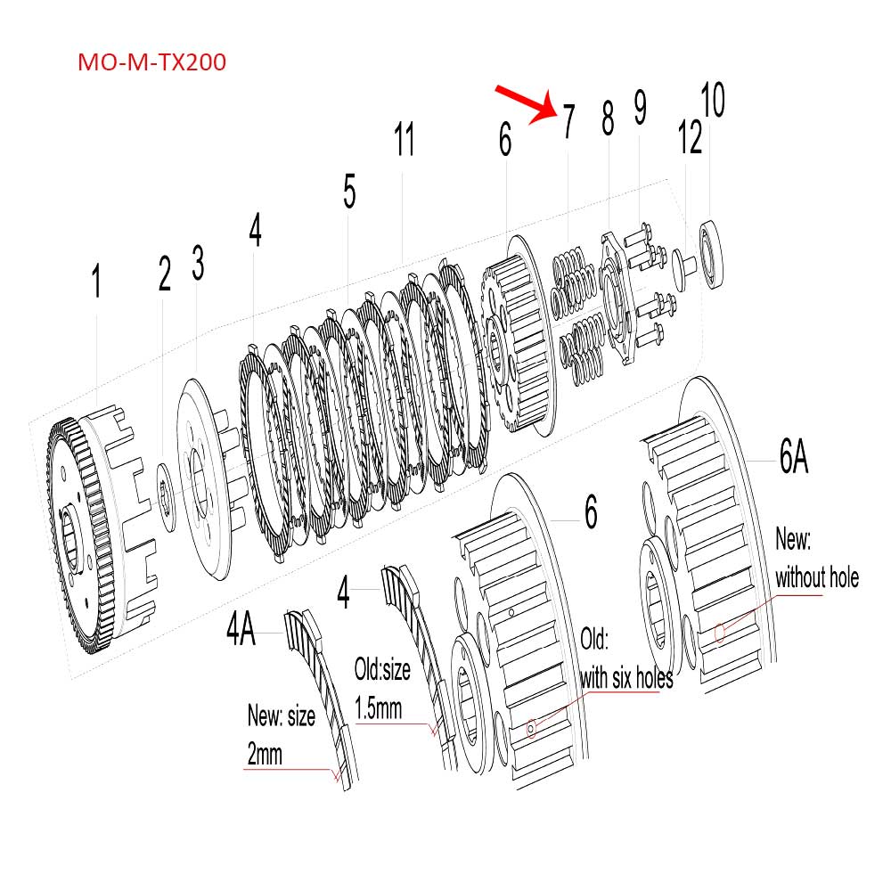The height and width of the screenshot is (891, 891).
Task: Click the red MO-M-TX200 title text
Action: [151, 63]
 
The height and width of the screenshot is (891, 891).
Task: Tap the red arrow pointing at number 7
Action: [525, 104]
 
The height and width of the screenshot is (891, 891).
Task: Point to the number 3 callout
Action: [198, 265]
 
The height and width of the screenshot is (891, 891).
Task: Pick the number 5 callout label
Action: [349, 192]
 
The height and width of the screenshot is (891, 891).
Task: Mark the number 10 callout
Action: [712, 101]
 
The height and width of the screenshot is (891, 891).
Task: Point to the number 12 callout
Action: [690, 138]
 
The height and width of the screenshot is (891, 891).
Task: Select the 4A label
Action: [240, 631]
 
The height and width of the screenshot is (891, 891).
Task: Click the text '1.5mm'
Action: [379, 709]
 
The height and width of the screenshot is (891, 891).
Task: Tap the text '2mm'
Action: [264, 756]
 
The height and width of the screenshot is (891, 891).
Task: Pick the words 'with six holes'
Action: [626, 678]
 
